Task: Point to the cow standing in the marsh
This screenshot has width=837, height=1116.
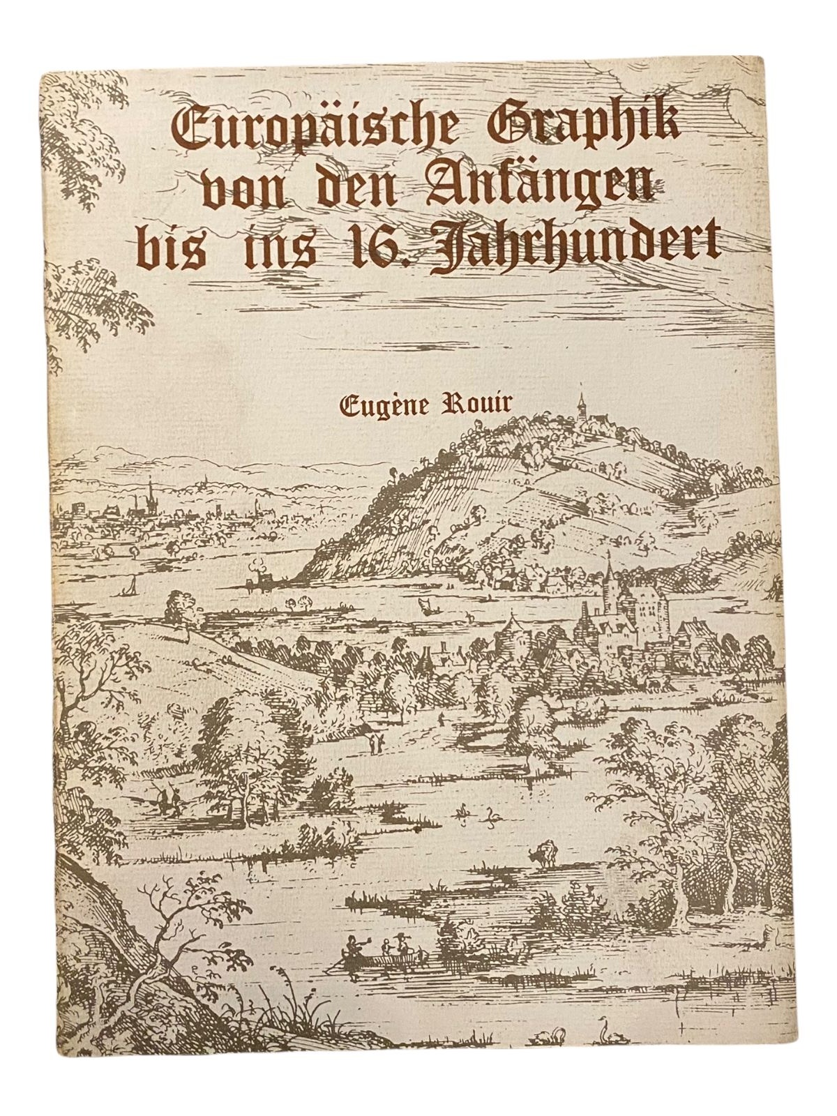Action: point(541,854)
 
